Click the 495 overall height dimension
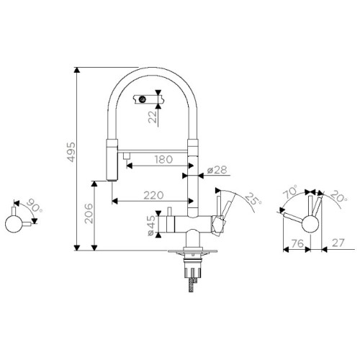71,152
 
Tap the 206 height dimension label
89,213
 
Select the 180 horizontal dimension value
163,159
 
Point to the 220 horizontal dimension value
153,195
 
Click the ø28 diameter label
217,170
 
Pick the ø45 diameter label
151,225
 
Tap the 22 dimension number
153,117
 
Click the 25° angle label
253,199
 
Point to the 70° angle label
291,192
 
